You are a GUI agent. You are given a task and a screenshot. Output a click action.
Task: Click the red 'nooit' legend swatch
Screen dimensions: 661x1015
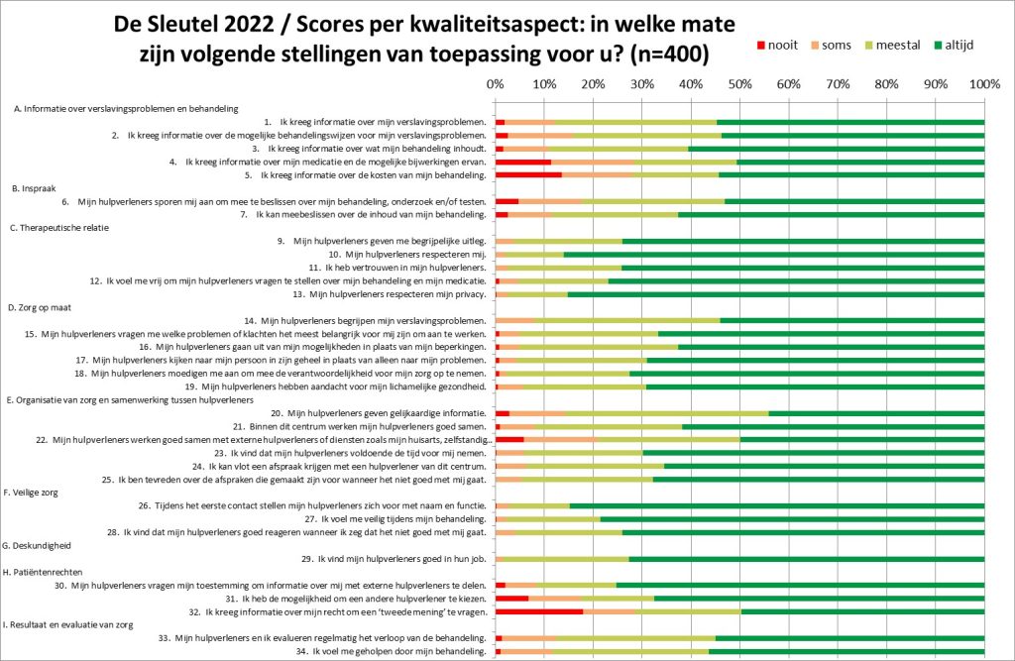tap(761, 46)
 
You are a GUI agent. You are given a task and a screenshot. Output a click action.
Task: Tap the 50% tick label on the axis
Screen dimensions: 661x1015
tap(739, 84)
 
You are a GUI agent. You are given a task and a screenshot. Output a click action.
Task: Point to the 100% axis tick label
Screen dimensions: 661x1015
tap(983, 84)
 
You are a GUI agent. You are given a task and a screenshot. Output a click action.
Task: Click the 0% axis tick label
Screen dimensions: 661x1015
tap(496, 84)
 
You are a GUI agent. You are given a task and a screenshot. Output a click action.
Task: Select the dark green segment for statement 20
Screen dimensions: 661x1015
tap(876, 412)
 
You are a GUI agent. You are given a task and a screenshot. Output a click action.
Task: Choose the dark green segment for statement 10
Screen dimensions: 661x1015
tap(773, 255)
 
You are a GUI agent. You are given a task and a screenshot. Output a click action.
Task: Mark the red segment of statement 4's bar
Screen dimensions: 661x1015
tap(522, 162)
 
